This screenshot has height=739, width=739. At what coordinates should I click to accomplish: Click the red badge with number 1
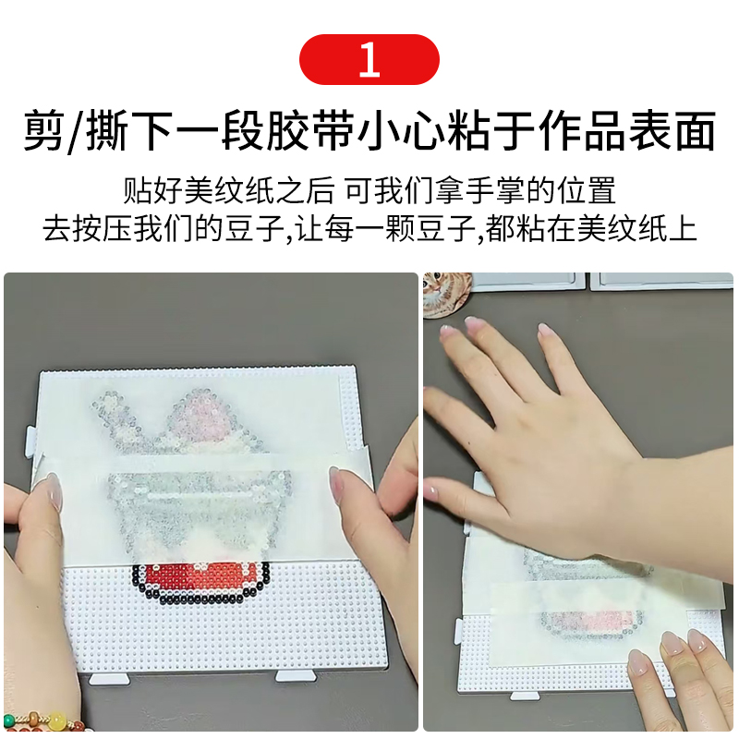click(369, 59)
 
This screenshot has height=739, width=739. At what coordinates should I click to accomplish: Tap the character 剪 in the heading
click(43, 130)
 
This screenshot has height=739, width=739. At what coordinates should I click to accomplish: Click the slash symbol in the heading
click(76, 131)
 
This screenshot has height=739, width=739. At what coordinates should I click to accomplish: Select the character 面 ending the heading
click(696, 130)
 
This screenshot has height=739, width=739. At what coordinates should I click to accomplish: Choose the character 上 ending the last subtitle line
click(682, 228)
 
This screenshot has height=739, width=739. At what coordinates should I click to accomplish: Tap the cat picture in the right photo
click(444, 295)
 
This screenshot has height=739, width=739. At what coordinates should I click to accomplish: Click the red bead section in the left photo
click(201, 575)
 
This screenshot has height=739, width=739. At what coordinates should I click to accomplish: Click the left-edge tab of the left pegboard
click(30, 441)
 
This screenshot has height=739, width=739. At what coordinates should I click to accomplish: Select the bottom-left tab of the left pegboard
click(109, 678)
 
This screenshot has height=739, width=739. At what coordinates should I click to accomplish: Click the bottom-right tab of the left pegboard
click(296, 676)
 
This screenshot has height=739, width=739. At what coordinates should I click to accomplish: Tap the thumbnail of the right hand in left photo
click(337, 483)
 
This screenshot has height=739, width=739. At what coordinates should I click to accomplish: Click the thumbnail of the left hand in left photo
click(53, 492)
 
